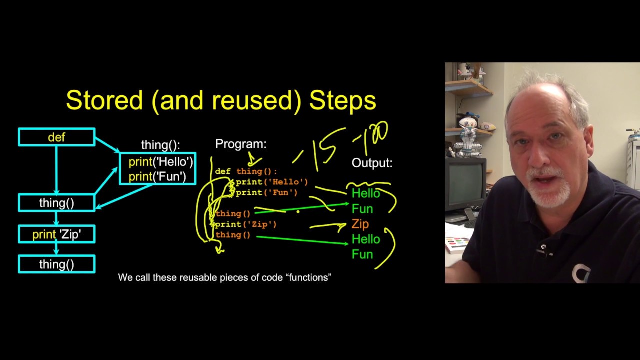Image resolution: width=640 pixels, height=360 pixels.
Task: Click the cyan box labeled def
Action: coord(56,137)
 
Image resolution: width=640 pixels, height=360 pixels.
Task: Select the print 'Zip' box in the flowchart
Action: coord(56,234)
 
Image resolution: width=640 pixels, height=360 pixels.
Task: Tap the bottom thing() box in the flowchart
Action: coord(56,264)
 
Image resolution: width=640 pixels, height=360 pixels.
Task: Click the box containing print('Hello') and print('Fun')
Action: coord(158,169)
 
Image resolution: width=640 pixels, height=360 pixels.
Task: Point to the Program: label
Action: coord(241,144)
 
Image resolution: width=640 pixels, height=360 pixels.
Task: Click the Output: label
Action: coord(372,163)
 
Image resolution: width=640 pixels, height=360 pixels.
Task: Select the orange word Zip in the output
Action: coord(360,224)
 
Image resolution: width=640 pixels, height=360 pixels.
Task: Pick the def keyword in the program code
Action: coord(223,171)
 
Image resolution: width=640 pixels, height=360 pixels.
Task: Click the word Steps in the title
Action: coord(342,100)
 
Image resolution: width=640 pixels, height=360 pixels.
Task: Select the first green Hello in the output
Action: coord(366,193)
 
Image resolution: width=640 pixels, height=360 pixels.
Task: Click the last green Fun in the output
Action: coord(362,254)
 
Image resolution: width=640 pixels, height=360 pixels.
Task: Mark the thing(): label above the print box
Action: coord(160,145)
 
